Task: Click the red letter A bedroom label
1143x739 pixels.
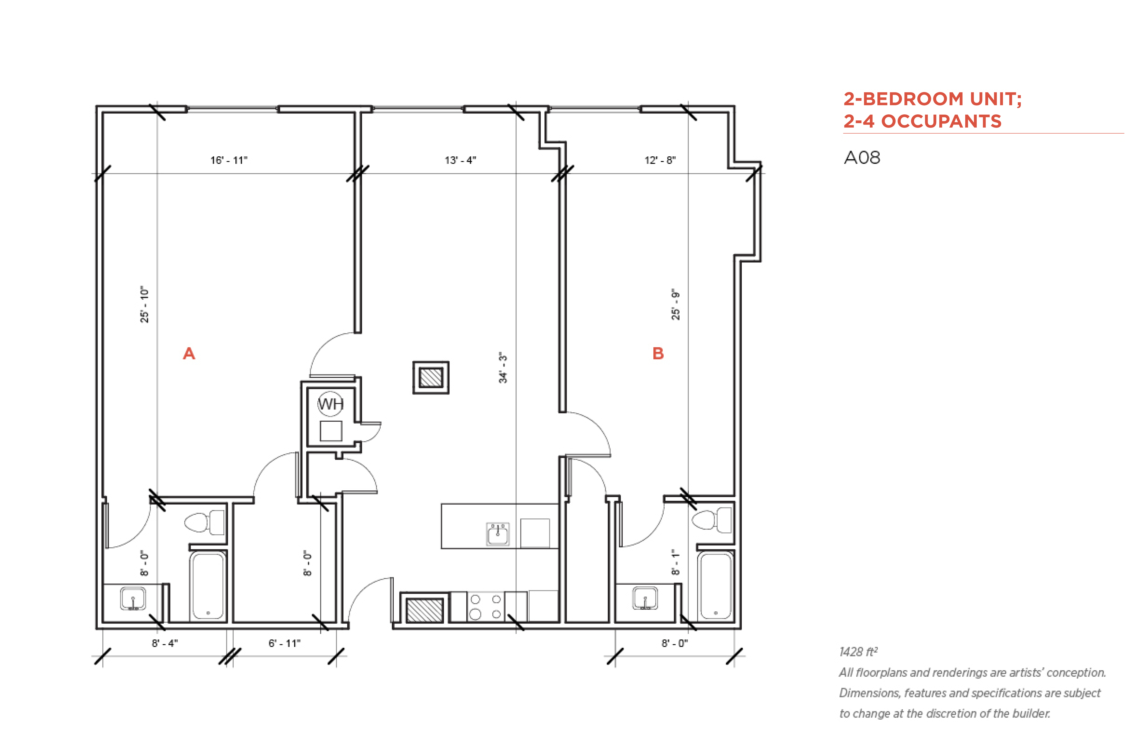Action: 189,354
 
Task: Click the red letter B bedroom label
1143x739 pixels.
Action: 658,354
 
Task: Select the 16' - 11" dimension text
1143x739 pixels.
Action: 229,160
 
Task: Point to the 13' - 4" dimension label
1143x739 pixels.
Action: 460,160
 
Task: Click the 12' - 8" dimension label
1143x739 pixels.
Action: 660,160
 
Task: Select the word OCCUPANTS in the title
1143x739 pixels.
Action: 942,121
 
